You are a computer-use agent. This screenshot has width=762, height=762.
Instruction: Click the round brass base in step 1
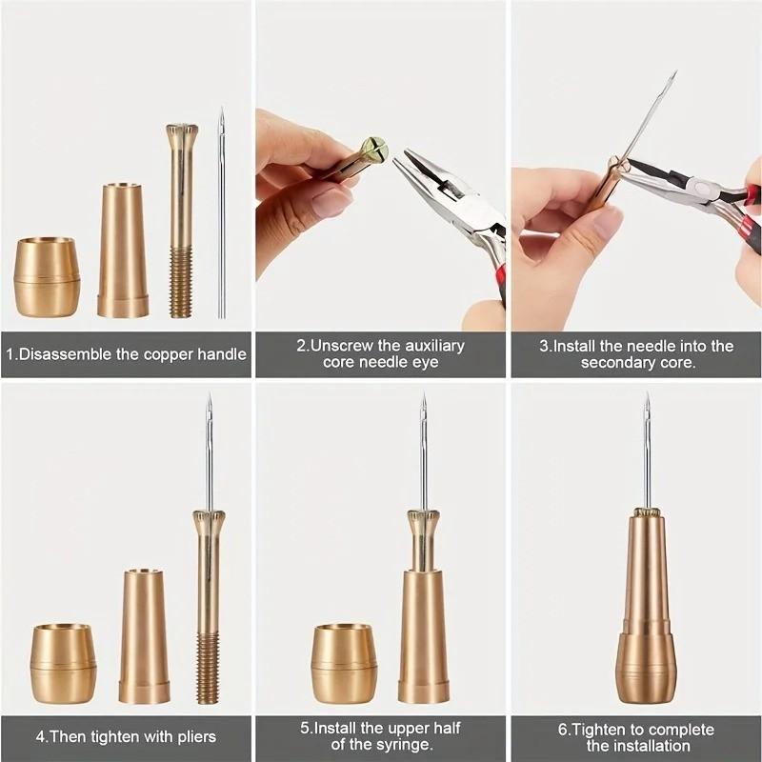tap(47, 278)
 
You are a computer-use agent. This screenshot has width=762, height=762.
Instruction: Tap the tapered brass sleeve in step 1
tap(123, 251)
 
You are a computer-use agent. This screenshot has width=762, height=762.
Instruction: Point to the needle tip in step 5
tap(423, 397)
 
